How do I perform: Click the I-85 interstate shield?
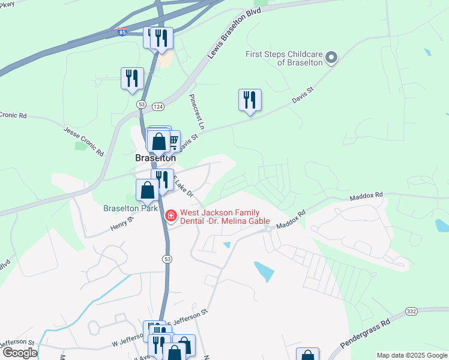122,34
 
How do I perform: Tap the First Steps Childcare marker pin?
330,58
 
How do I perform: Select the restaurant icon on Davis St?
250,100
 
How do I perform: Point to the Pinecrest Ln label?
197,112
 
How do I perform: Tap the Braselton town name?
155,158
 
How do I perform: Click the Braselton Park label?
130,209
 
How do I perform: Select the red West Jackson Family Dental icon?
171,214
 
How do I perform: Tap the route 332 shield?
411,311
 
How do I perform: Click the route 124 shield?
158,106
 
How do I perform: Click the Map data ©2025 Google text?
412,355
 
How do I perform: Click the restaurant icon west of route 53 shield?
132,78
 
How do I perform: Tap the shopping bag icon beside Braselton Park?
148,190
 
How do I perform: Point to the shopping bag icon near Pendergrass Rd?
307,356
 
